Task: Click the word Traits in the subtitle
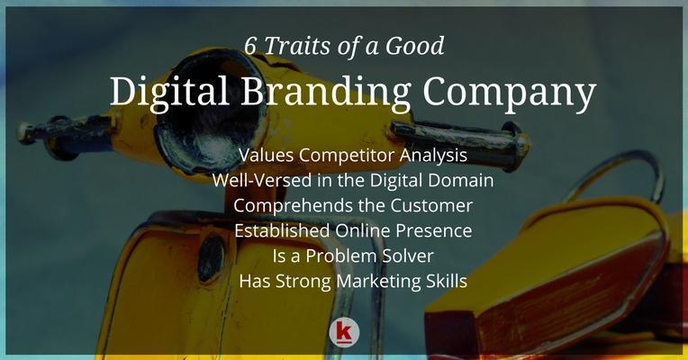[x=297, y=46]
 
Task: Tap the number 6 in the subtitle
[x=250, y=46]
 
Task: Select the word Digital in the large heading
[x=169, y=92]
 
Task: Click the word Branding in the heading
[x=326, y=92]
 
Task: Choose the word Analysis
[x=433, y=156]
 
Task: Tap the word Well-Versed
[x=262, y=180]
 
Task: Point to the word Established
[x=282, y=230]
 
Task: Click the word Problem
[x=340, y=256]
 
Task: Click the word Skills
[x=447, y=281]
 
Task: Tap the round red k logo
[x=344, y=332]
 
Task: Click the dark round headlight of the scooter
[x=211, y=258]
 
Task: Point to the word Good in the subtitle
[x=414, y=46]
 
